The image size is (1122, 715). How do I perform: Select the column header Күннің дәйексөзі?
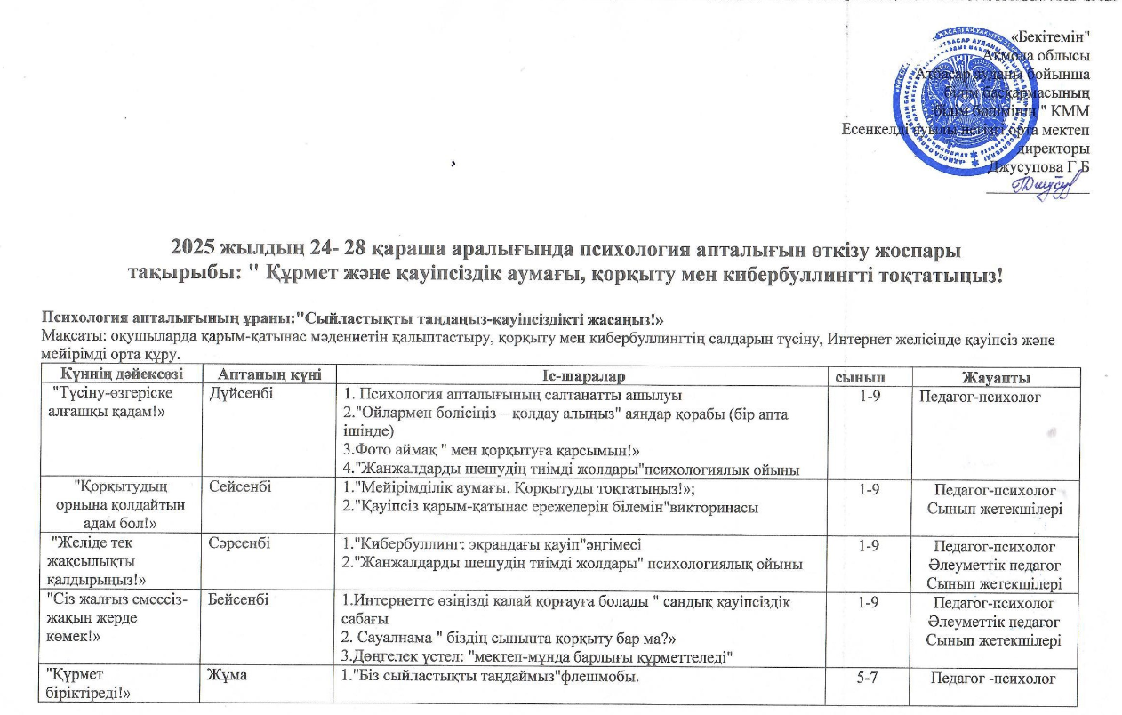coord(111,377)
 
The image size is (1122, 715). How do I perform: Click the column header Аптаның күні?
coord(258,377)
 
